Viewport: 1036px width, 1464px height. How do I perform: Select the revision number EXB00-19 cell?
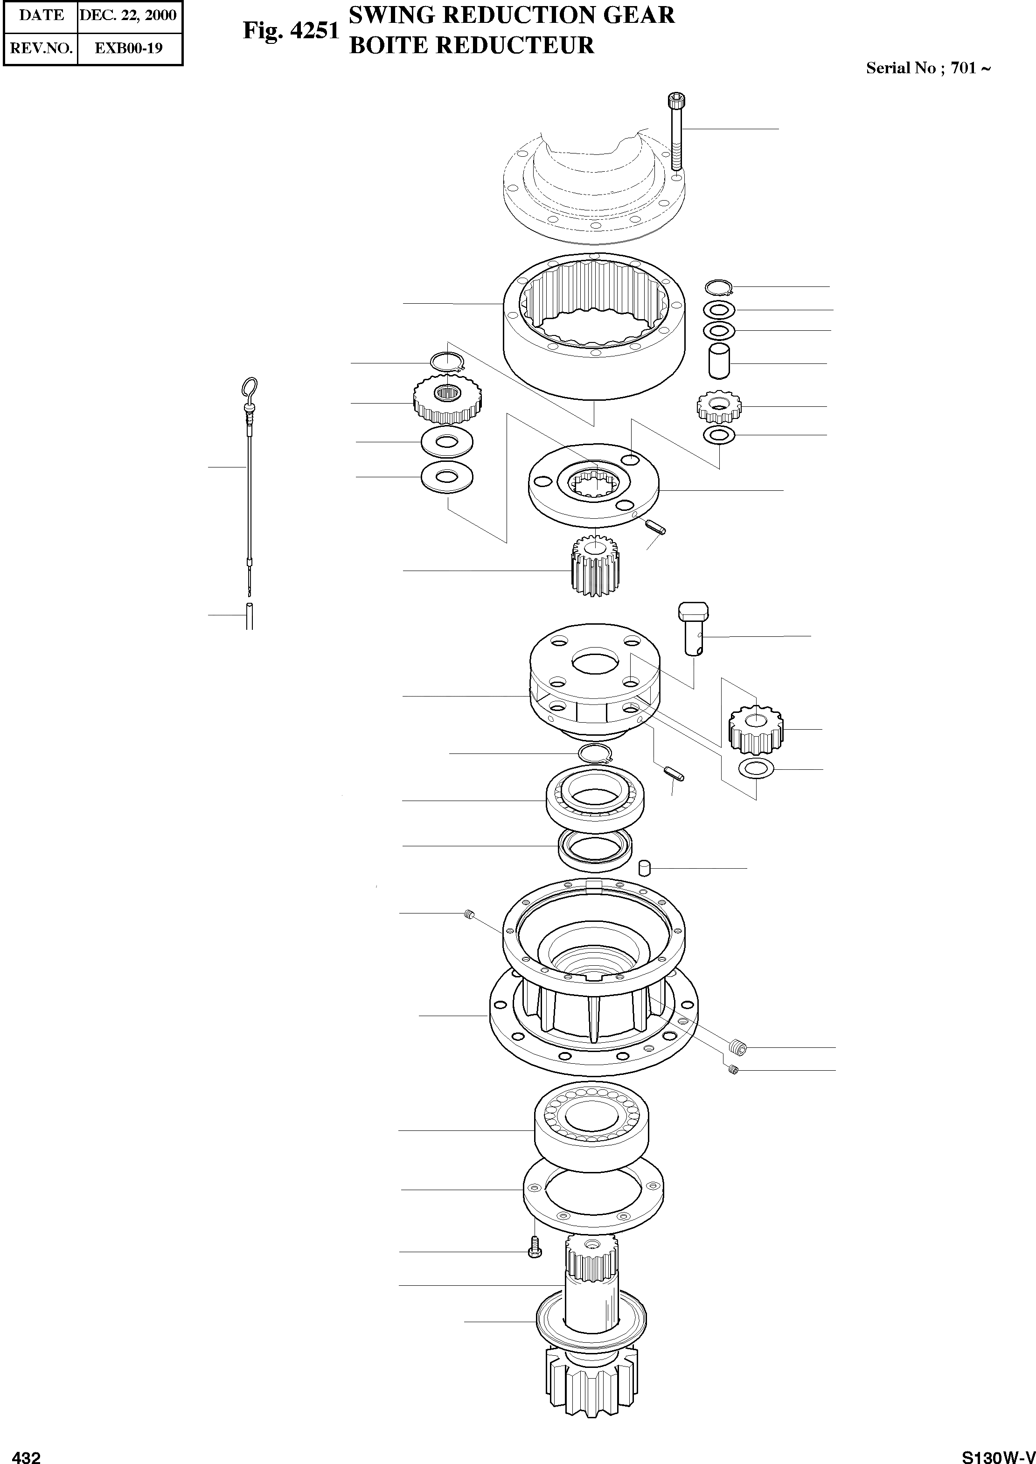[128, 48]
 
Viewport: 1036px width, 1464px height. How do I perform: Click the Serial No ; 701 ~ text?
[928, 68]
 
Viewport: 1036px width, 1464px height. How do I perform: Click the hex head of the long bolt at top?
[677, 101]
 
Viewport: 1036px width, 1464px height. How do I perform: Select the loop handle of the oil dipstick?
[250, 387]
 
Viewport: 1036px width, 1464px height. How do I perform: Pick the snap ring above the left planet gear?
[446, 363]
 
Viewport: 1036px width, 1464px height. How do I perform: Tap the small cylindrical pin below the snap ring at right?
[719, 361]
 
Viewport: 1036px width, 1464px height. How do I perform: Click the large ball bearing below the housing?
[591, 1129]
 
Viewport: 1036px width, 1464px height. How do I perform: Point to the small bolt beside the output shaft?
[535, 1251]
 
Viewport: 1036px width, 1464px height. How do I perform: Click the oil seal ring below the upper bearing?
[596, 848]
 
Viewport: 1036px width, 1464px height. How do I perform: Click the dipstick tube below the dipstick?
[250, 615]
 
